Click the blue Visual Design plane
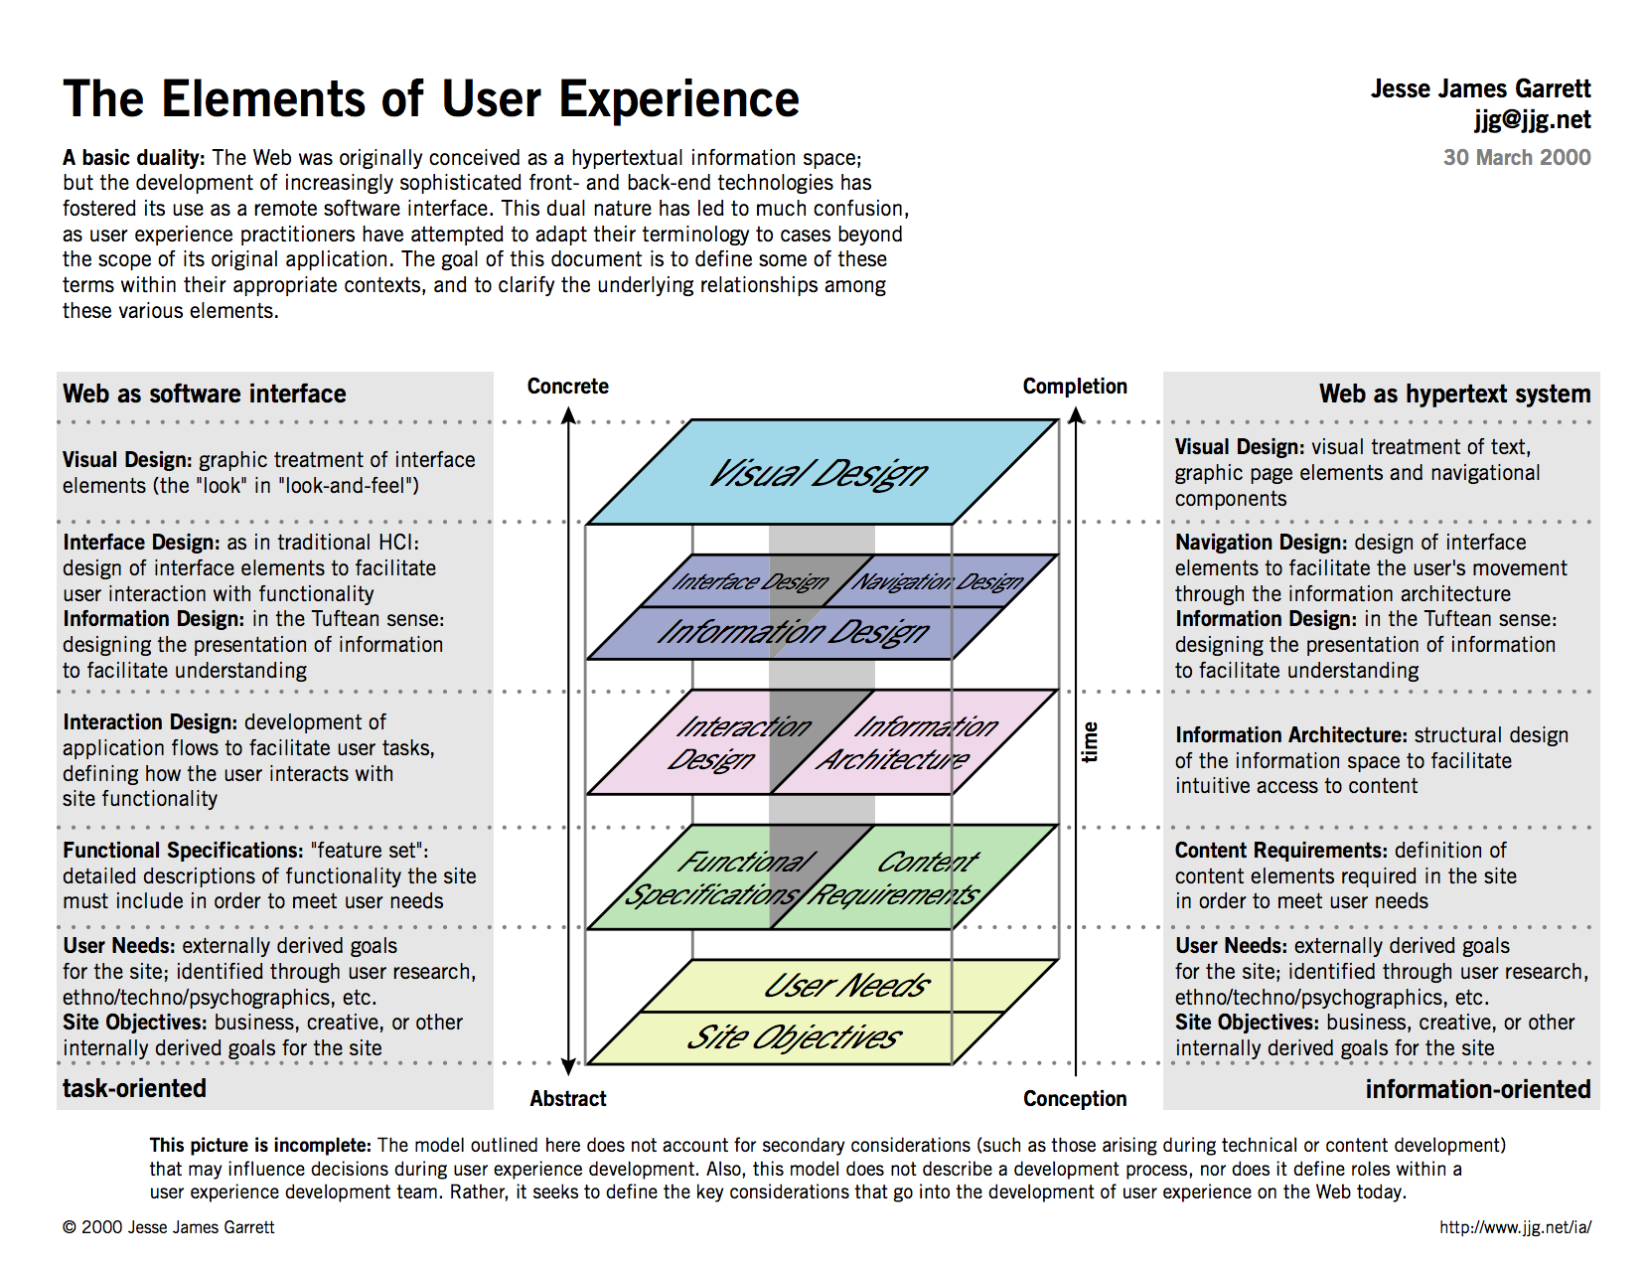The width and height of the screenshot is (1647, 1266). click(823, 472)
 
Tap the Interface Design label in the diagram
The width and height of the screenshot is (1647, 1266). click(750, 581)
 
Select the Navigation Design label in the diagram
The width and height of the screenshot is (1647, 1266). click(938, 581)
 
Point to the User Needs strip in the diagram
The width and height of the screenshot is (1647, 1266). click(849, 986)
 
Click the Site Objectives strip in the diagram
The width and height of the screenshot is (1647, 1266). click(796, 1037)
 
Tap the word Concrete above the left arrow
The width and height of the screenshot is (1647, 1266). click(567, 387)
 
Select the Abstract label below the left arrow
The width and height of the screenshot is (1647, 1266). click(567, 1098)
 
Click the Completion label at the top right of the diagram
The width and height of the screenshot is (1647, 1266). click(1075, 387)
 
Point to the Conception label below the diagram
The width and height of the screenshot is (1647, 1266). click(1075, 1098)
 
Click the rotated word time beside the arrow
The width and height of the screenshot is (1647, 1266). click(1089, 742)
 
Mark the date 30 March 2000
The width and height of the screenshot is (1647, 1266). click(1517, 158)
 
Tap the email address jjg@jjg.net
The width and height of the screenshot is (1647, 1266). click(1532, 120)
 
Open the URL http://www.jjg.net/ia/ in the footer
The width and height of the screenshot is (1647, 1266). click(1515, 1226)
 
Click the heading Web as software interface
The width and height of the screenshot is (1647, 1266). click(205, 395)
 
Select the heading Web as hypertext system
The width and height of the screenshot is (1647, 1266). click(1454, 395)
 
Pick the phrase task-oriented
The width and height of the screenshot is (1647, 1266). click(134, 1088)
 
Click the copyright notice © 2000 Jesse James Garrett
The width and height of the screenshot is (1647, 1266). click(168, 1226)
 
